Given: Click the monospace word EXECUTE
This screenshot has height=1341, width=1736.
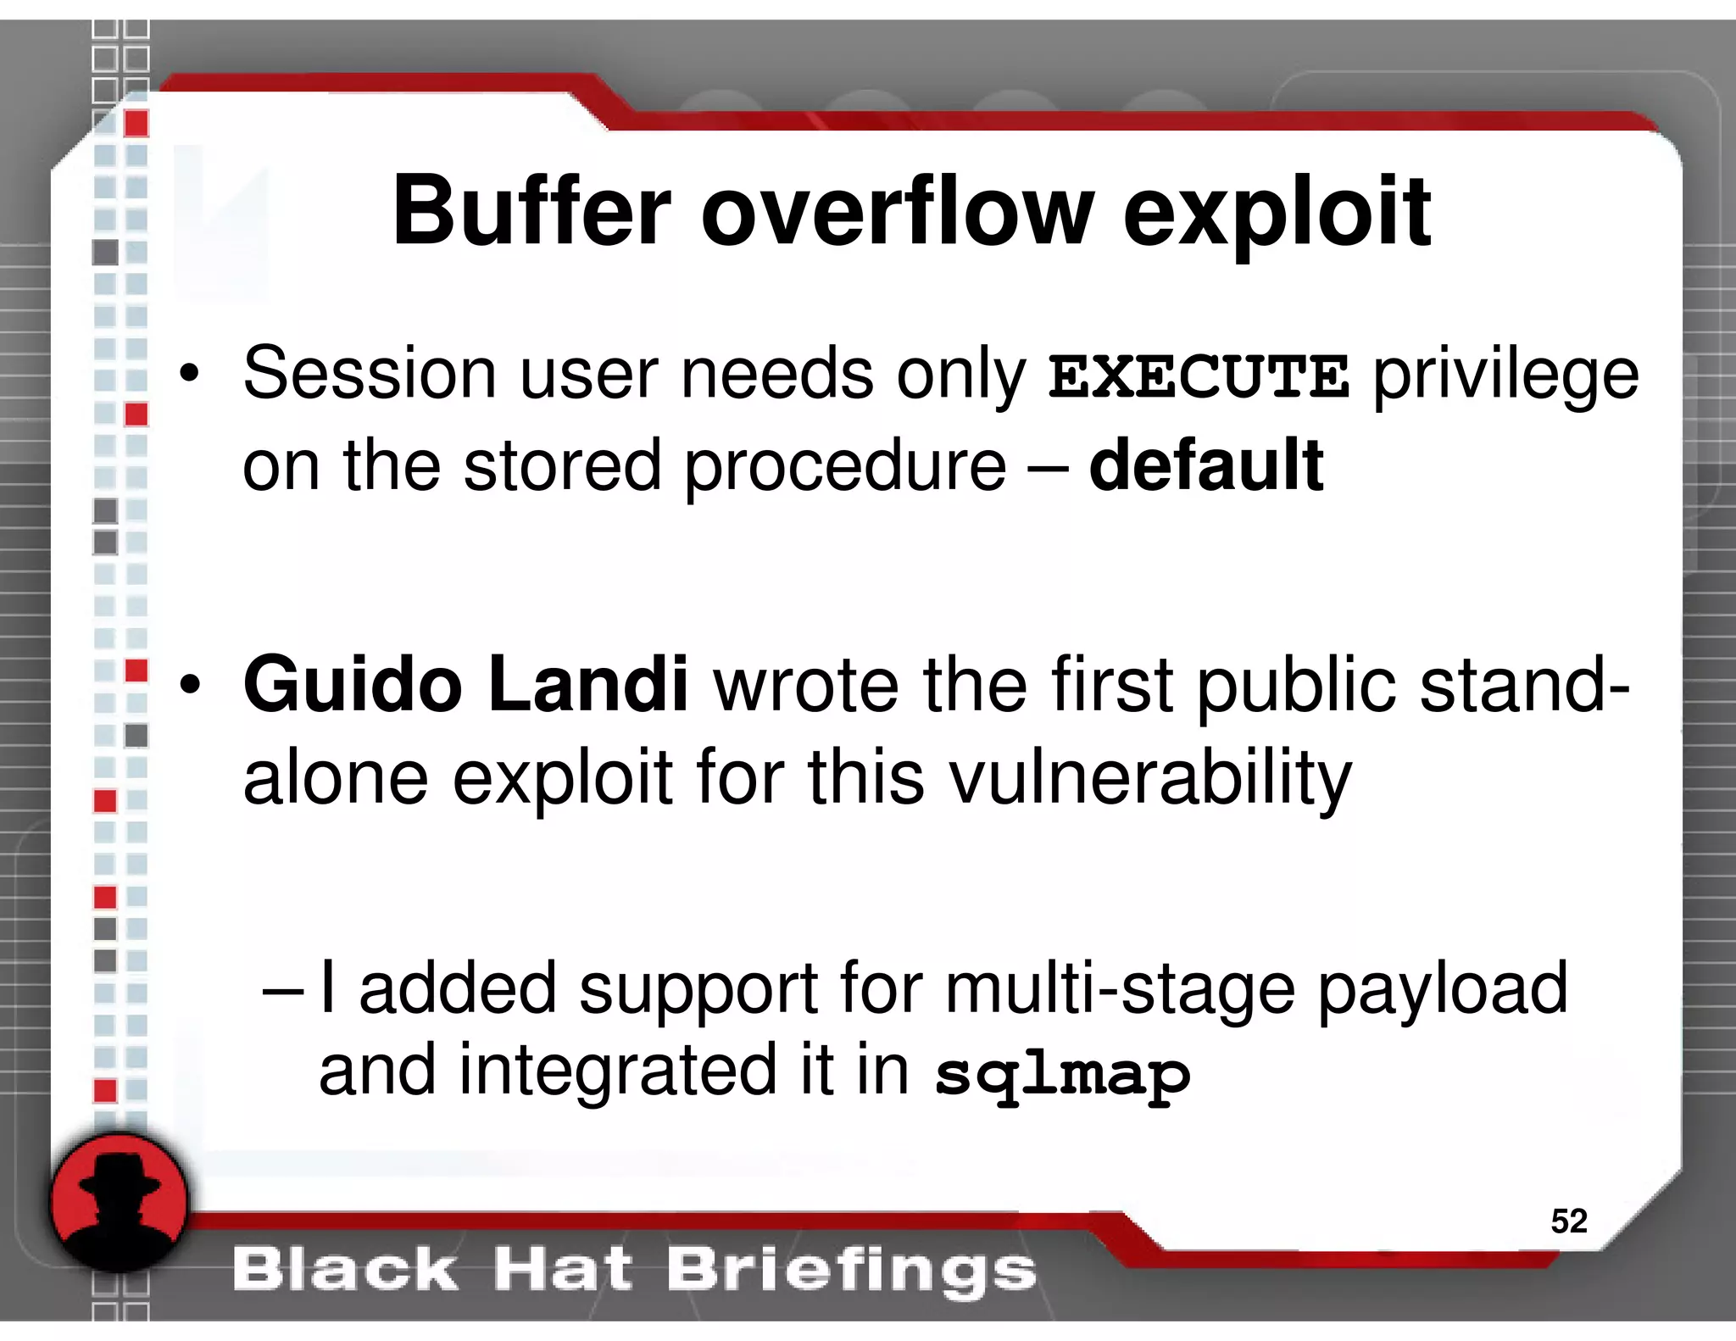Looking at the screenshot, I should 1199,377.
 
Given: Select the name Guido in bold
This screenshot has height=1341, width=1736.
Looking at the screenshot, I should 352,685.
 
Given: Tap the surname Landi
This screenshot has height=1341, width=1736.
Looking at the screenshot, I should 588,685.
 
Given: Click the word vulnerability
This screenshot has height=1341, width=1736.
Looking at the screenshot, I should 1149,778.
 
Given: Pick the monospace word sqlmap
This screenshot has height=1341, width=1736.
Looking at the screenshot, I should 1063,1075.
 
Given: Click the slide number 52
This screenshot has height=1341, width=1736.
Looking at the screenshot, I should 1568,1221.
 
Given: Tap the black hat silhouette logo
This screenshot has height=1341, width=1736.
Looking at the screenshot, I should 119,1202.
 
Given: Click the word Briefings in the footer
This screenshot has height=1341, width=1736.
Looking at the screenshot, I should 851,1270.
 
